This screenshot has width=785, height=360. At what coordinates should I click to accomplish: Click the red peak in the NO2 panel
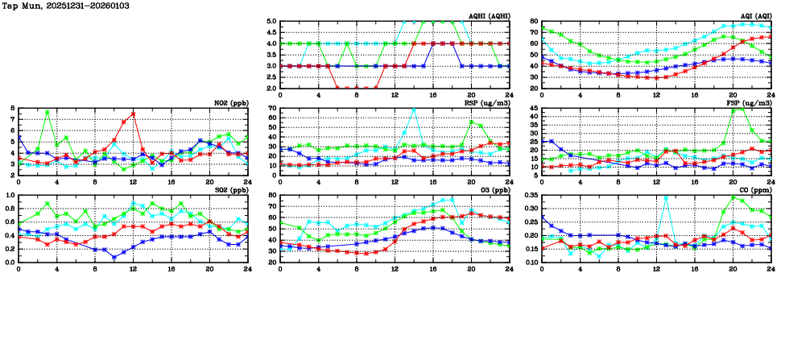pyautogui.click(x=133, y=114)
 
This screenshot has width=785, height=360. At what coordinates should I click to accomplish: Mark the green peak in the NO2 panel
pyautogui.click(x=48, y=112)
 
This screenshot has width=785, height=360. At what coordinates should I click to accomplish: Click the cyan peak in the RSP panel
pyautogui.click(x=414, y=109)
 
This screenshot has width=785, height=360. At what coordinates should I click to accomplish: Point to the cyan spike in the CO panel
pyautogui.click(x=665, y=197)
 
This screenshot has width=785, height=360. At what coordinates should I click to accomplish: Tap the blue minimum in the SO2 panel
pyautogui.click(x=114, y=257)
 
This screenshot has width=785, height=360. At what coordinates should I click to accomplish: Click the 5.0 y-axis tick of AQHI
pyautogui.click(x=272, y=22)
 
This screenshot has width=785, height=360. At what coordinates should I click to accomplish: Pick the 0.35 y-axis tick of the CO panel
pyautogui.click(x=531, y=196)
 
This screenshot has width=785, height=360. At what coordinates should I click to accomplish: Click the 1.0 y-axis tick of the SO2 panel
pyautogui.click(x=10, y=196)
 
